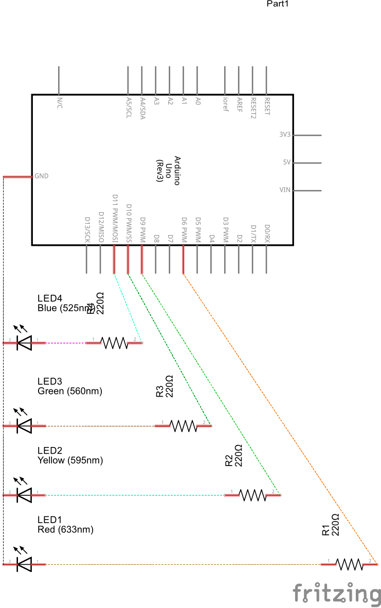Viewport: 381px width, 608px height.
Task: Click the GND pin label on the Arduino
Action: click(42, 176)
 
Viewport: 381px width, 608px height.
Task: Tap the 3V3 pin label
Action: click(285, 135)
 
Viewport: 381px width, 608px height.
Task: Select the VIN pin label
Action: click(285, 190)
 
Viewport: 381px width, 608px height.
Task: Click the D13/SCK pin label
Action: click(86, 229)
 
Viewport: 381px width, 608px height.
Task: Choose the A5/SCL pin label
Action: click(129, 106)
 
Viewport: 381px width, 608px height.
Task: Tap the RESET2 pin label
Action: click(252, 106)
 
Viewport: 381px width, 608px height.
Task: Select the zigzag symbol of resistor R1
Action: click(350, 564)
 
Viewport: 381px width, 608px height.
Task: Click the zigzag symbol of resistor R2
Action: click(253, 495)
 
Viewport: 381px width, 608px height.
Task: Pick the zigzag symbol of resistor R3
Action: click(184, 425)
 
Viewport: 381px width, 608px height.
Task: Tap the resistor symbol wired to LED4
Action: click(114, 342)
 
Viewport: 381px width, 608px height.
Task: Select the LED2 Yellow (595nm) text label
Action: click(70, 456)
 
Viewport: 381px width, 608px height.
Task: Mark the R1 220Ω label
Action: click(331, 525)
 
